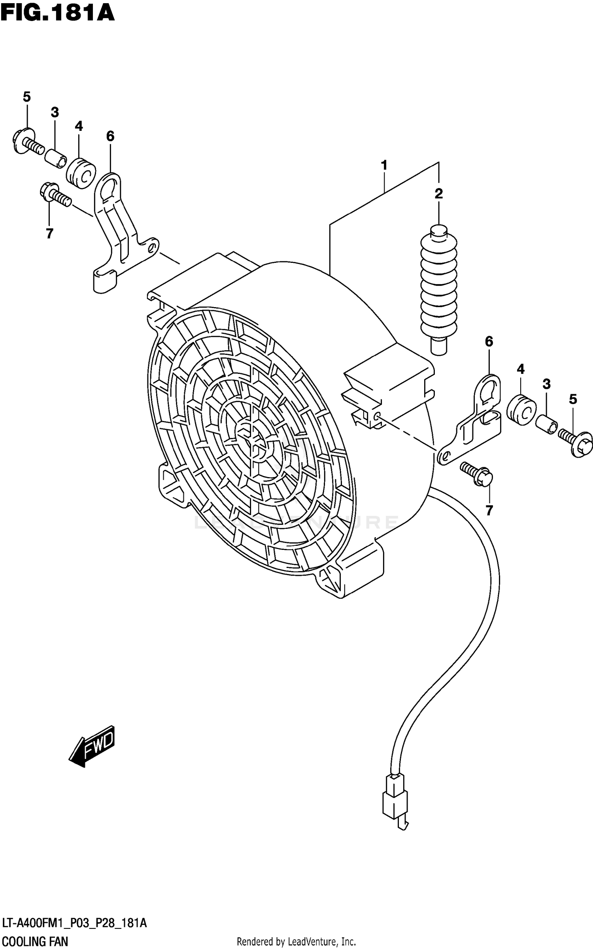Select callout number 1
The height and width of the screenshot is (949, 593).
click(384, 165)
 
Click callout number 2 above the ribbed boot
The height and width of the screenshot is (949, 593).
click(438, 194)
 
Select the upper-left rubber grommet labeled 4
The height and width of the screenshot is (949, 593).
click(81, 173)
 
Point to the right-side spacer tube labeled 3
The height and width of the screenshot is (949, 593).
click(546, 424)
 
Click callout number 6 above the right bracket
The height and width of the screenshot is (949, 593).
click(489, 341)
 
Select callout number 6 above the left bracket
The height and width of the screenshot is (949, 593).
click(110, 136)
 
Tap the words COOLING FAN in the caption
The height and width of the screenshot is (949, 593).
click(34, 941)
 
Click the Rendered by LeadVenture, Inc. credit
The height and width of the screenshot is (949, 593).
click(296, 941)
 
